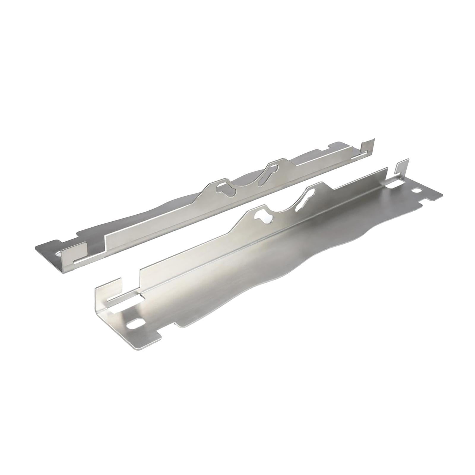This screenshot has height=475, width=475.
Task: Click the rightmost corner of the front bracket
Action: pos(442,195)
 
